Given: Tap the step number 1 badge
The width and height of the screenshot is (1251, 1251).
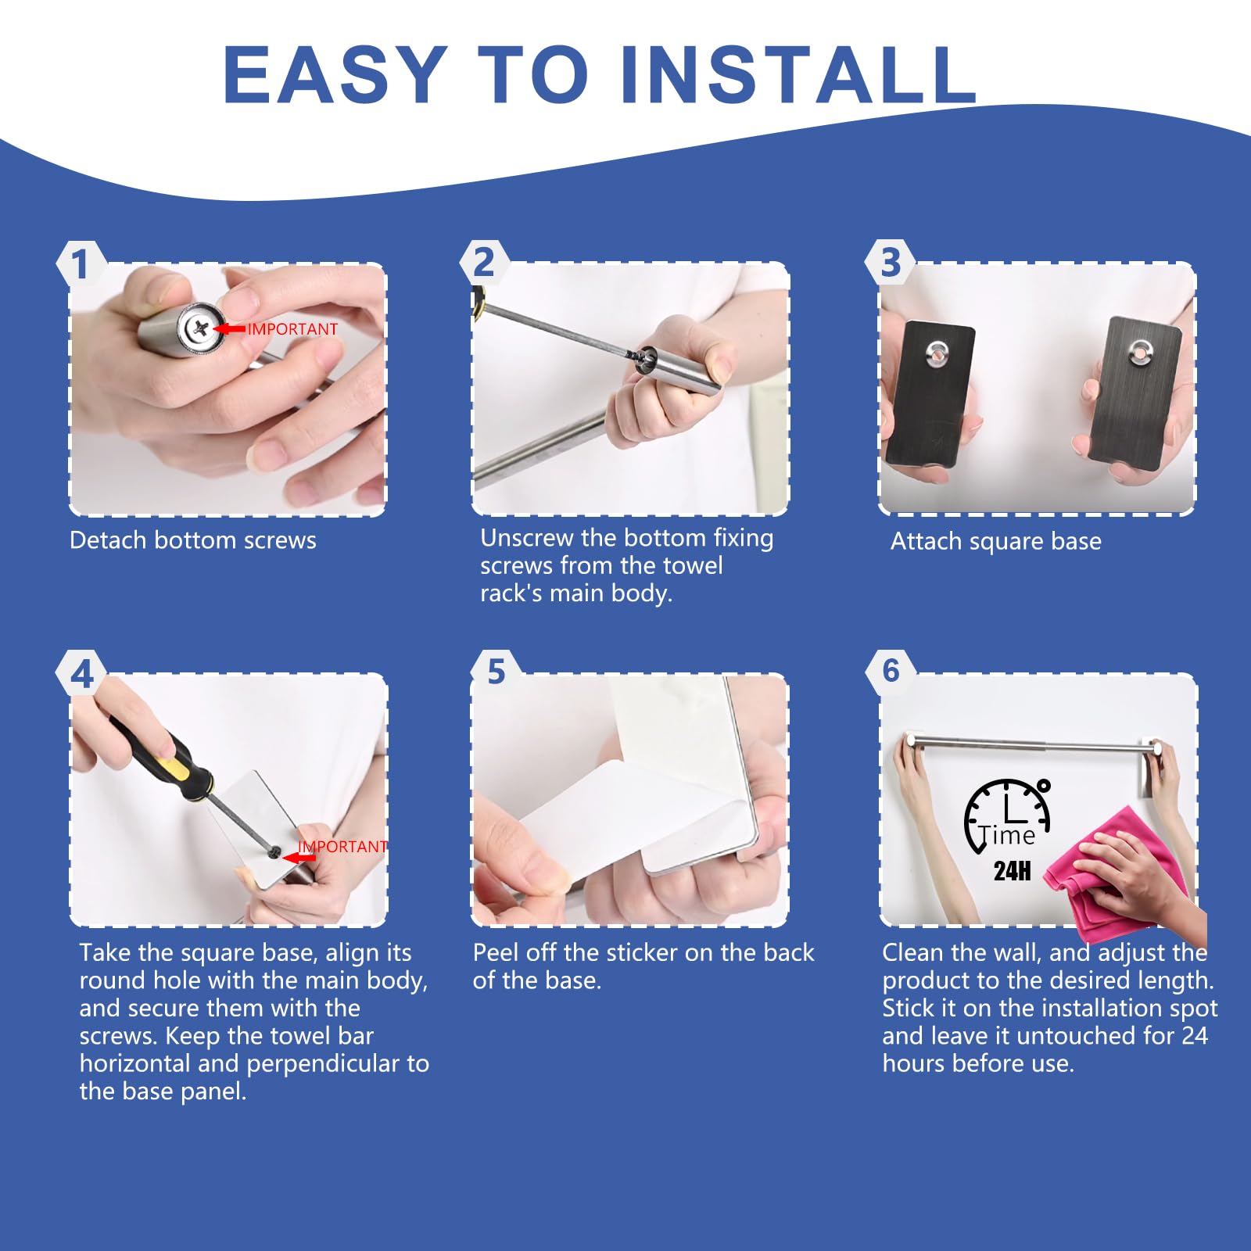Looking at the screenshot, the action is point(81,264).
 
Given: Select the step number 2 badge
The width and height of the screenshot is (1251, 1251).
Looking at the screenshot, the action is point(484,263).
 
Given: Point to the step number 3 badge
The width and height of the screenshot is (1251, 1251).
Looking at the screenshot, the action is point(891,263).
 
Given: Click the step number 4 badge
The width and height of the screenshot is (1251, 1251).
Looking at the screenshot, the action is point(81,674).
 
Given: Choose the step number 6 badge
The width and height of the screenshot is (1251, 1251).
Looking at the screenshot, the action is point(891,671).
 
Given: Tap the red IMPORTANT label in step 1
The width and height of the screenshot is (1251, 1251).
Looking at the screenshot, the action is point(292,329).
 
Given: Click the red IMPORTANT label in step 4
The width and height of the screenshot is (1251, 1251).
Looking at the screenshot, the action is point(342,847).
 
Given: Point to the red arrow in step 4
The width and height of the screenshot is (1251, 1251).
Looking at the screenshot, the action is point(299,858).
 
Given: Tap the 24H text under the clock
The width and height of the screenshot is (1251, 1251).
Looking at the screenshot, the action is point(1013,871).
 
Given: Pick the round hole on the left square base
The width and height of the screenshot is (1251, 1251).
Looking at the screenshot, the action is point(937,353).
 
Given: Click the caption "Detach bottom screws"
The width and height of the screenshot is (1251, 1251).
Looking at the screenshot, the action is point(193,540).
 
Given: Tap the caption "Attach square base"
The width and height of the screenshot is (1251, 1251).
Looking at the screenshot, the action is point(996,541).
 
